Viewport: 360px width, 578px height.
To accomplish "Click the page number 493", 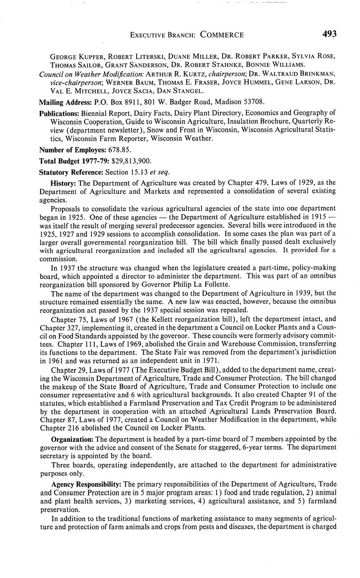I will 329,34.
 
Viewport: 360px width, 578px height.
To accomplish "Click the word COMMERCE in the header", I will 222,35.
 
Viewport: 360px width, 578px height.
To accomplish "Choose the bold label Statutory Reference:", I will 71,172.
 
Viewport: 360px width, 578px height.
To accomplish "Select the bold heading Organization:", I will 72,439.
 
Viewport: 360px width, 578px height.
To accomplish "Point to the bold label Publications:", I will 59,113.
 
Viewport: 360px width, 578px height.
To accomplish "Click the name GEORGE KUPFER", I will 73,56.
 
